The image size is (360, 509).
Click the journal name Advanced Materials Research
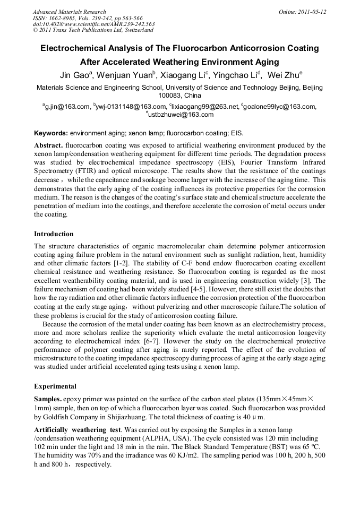69,12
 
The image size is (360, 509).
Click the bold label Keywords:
51,133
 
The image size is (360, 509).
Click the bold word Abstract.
49,145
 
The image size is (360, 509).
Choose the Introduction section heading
54,234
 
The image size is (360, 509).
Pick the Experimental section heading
55,386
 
